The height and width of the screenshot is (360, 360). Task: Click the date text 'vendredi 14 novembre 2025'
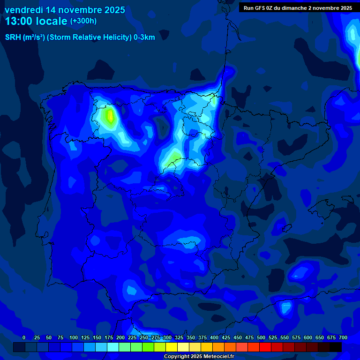(65, 10)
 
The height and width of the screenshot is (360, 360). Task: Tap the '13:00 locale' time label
(36, 21)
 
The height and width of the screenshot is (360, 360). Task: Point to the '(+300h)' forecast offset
(83, 21)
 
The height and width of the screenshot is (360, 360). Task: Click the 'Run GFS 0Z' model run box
(298, 7)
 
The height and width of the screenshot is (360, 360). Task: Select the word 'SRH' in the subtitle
(13, 37)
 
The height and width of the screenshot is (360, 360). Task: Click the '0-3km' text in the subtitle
(144, 37)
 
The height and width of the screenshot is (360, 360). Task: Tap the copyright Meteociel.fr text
(199, 357)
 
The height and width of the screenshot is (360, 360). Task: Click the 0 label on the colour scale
(24, 337)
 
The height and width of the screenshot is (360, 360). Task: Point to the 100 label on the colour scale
(74, 337)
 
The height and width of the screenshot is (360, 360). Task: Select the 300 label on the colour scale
(167, 337)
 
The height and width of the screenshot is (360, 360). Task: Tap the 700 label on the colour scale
(343, 337)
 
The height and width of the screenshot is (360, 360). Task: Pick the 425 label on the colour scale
(226, 337)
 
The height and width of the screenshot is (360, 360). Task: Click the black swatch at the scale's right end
(336, 347)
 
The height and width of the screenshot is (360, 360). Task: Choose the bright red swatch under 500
(265, 347)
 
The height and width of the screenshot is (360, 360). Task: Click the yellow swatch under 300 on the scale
(172, 347)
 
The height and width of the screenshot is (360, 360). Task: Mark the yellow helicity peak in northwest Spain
(110, 115)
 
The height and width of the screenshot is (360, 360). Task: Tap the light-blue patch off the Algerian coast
(285, 307)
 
